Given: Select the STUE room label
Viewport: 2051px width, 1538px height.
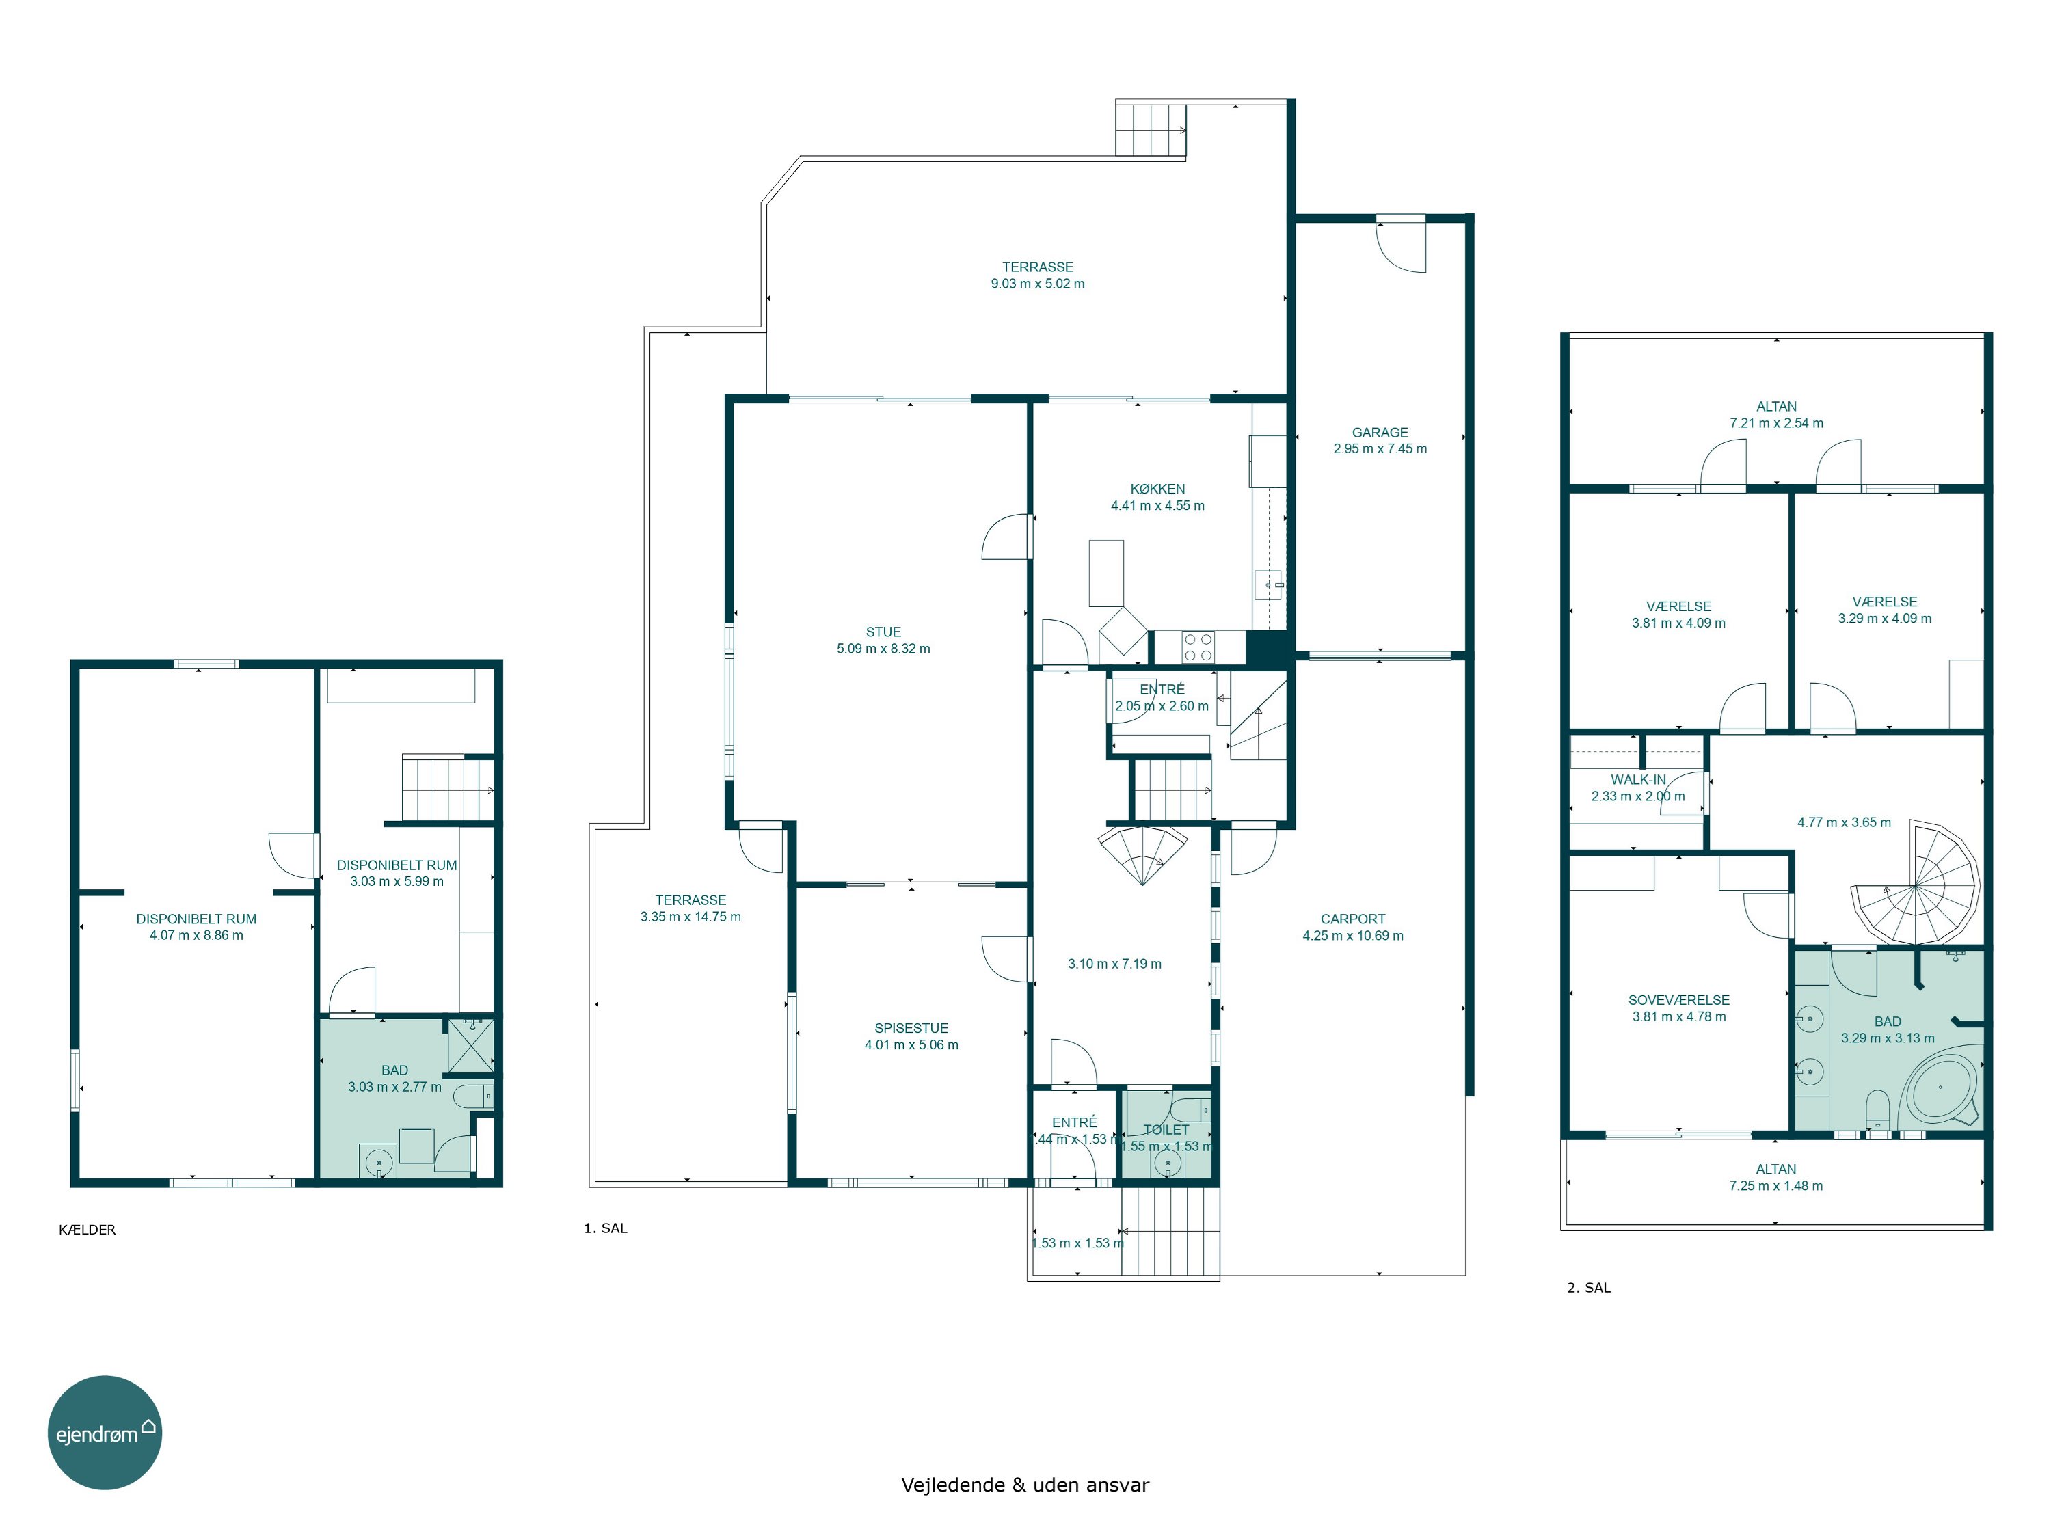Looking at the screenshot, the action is pyautogui.click(x=883, y=632).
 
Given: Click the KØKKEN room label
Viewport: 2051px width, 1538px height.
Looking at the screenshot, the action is pyautogui.click(x=1157, y=489).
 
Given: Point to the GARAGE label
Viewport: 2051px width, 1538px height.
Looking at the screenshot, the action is pyautogui.click(x=1380, y=432).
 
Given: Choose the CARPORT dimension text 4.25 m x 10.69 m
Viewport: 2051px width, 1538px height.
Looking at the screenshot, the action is pyautogui.click(x=1353, y=935).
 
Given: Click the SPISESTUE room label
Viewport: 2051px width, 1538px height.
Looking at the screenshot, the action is pyautogui.click(x=911, y=1028).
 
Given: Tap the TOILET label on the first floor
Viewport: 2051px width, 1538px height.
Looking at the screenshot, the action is pyautogui.click(x=1166, y=1129).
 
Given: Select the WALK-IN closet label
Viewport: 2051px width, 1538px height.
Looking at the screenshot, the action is pyautogui.click(x=1638, y=780).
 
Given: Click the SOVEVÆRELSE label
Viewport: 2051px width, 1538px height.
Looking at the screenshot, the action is pyautogui.click(x=1679, y=1000).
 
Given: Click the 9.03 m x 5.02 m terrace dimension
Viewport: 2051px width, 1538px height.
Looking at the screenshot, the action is pyautogui.click(x=1038, y=284).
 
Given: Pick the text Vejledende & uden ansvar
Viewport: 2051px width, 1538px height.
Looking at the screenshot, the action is pyautogui.click(x=1025, y=1484).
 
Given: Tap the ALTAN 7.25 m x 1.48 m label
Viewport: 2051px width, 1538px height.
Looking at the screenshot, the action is pyautogui.click(x=1775, y=1177).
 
